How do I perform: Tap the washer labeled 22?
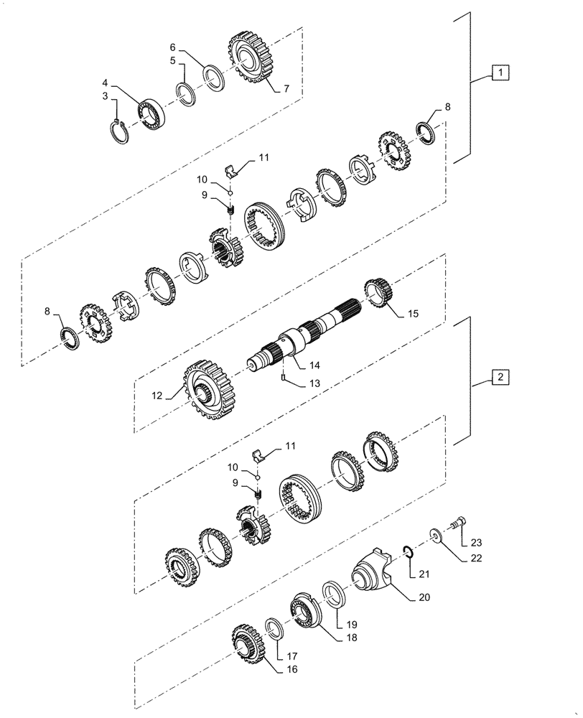436,536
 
